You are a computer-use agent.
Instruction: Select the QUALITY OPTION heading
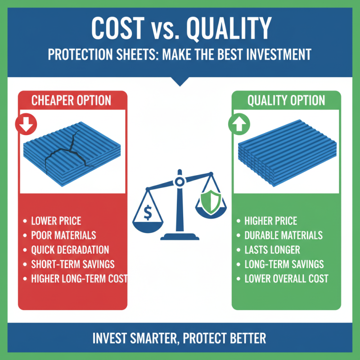coord(286,100)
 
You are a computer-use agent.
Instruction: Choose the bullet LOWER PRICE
coord(56,221)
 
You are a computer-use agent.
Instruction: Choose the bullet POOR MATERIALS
coord(63,235)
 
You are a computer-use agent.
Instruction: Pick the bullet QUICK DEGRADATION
coord(70,249)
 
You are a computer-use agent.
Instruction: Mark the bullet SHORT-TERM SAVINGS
coord(72,264)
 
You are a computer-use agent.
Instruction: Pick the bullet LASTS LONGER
coord(272,249)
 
